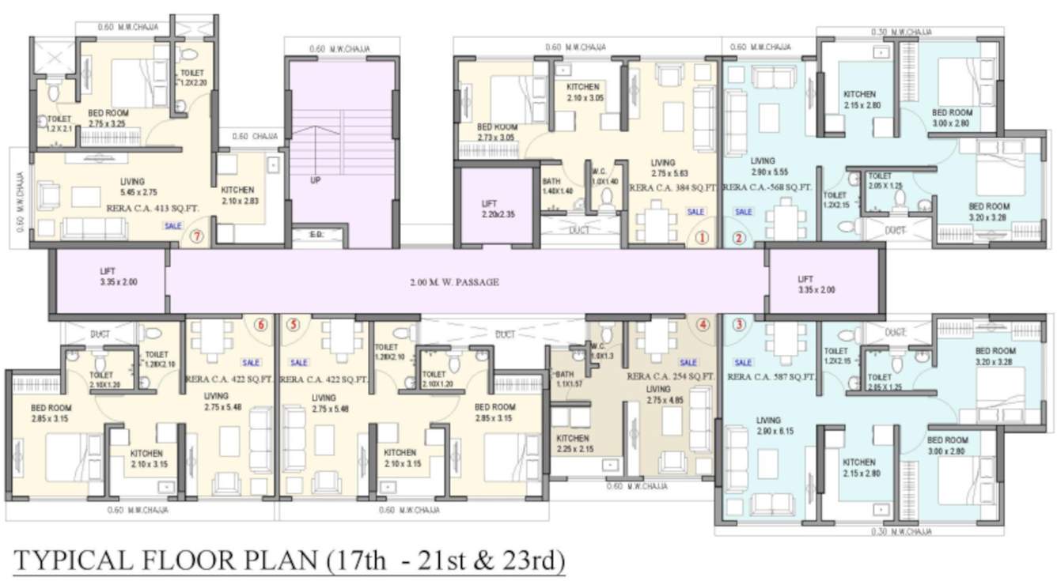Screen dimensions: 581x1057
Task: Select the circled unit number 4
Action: tap(703, 324)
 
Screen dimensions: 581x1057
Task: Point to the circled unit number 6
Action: tap(260, 324)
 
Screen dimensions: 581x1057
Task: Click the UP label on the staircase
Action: tap(316, 180)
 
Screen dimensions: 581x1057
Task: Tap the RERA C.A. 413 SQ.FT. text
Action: tap(152, 209)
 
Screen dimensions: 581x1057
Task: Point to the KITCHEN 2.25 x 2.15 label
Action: tap(572, 443)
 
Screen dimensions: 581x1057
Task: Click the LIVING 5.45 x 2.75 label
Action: tap(132, 187)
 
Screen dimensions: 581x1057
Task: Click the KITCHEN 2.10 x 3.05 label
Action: tap(584, 92)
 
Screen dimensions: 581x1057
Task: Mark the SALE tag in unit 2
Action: tap(743, 212)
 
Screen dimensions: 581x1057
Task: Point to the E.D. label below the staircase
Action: tap(316, 235)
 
